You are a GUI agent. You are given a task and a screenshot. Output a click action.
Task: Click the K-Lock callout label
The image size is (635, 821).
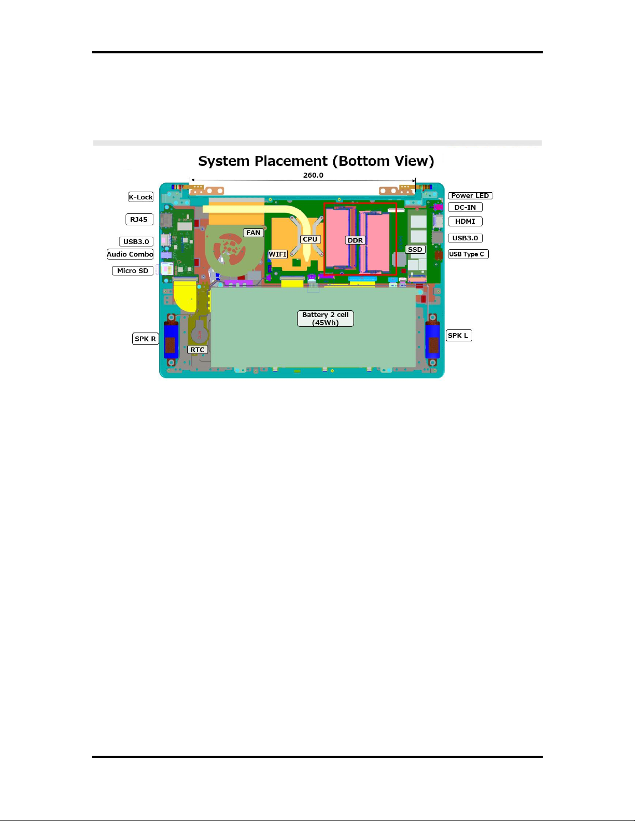click(141, 197)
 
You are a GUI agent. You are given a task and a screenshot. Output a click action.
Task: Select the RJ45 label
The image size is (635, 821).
click(139, 220)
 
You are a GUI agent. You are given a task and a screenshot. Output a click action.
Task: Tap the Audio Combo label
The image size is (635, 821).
click(130, 254)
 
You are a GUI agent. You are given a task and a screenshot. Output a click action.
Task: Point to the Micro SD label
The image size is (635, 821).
click(133, 271)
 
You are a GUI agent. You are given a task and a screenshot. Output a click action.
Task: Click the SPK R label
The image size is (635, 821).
click(145, 339)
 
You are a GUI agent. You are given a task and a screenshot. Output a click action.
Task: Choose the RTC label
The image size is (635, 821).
click(197, 350)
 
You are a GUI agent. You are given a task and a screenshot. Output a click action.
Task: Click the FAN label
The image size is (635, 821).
click(253, 233)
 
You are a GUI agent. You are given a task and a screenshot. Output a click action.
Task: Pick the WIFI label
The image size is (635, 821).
click(278, 254)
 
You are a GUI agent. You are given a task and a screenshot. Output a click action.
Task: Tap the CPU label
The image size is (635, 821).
click(310, 239)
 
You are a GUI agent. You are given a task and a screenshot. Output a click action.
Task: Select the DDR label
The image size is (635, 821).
click(356, 240)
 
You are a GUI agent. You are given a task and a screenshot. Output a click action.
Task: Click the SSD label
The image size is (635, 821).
click(415, 250)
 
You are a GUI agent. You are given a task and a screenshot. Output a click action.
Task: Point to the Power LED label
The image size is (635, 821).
click(470, 196)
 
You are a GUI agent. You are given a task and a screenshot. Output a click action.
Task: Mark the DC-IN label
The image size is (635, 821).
click(465, 207)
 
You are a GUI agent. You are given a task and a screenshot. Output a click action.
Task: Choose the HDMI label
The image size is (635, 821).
click(465, 221)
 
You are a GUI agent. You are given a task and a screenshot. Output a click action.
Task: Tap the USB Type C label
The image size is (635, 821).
click(468, 254)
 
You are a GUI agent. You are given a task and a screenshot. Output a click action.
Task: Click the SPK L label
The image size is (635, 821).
click(458, 336)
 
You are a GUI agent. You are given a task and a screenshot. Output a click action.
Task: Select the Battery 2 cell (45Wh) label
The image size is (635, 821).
click(326, 319)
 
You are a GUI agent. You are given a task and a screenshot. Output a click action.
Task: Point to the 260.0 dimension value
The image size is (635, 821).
click(313, 175)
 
